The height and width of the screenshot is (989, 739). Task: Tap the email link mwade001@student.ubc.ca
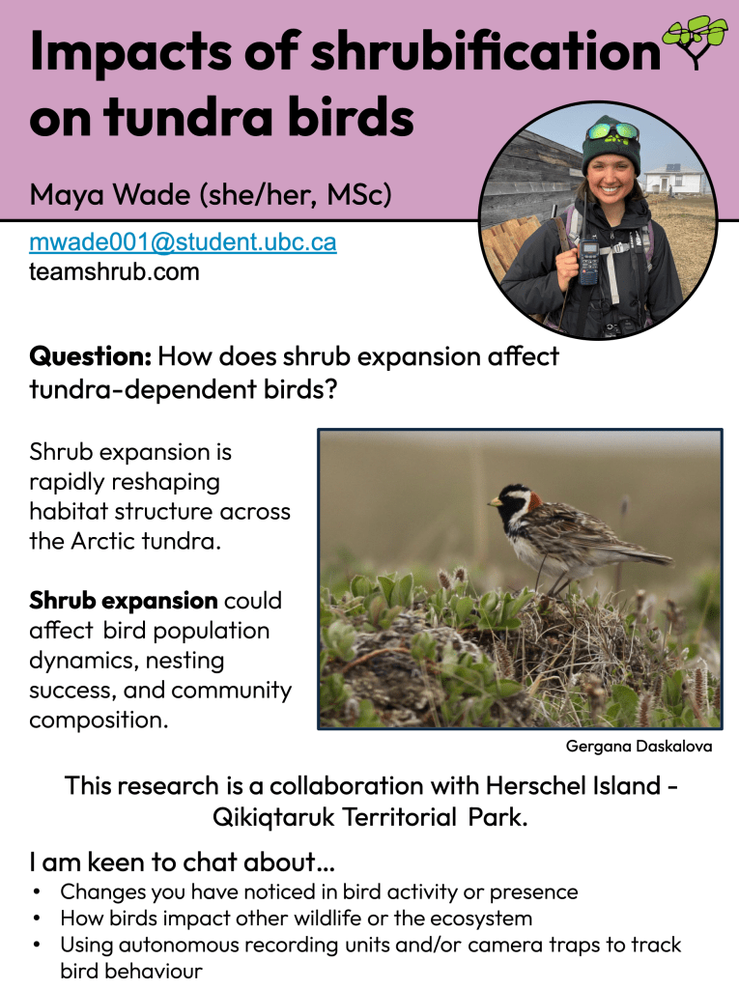[x=183, y=242]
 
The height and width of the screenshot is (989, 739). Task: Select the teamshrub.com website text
[x=114, y=271]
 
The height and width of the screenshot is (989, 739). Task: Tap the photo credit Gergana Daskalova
[x=639, y=747]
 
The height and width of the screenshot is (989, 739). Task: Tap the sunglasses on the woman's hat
[x=611, y=132]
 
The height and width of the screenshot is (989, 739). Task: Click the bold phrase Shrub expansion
[x=123, y=601]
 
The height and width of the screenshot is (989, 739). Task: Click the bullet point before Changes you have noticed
[x=36, y=892]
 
